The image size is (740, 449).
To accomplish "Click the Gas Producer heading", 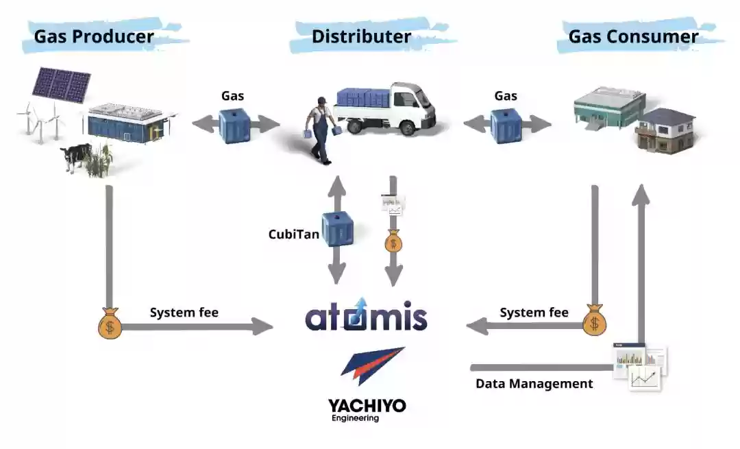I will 94,36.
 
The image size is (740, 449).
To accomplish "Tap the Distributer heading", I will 361,36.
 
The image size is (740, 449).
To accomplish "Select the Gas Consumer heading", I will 633,36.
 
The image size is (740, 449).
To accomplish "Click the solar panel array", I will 62,84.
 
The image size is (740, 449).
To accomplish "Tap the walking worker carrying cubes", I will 319,130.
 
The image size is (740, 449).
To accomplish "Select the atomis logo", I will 366,316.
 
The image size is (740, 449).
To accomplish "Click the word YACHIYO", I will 367,405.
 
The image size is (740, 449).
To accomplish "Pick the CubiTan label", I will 293,234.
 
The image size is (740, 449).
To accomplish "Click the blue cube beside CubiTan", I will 338,228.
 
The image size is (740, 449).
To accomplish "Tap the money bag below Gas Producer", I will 110,323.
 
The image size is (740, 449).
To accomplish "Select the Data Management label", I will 534,384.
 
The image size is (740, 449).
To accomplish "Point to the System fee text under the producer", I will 184,313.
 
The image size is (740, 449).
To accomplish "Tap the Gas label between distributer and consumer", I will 506,96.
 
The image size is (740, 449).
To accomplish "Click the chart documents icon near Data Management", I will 640,365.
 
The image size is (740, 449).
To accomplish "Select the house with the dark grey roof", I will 665,130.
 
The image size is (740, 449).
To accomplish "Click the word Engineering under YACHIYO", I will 354,418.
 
